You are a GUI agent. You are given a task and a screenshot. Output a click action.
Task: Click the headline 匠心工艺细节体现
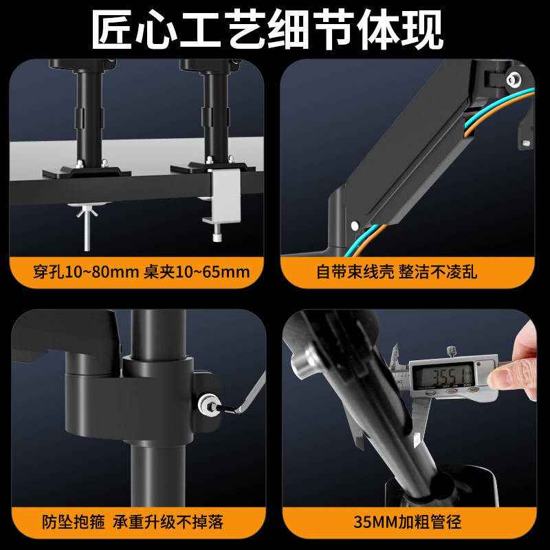click(x=275, y=29)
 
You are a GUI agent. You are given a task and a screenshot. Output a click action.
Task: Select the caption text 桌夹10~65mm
click(x=196, y=272)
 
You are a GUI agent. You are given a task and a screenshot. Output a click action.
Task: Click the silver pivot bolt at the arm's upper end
click(x=513, y=80)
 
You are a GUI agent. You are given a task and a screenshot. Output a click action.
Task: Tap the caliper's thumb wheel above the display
click(x=451, y=353)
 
